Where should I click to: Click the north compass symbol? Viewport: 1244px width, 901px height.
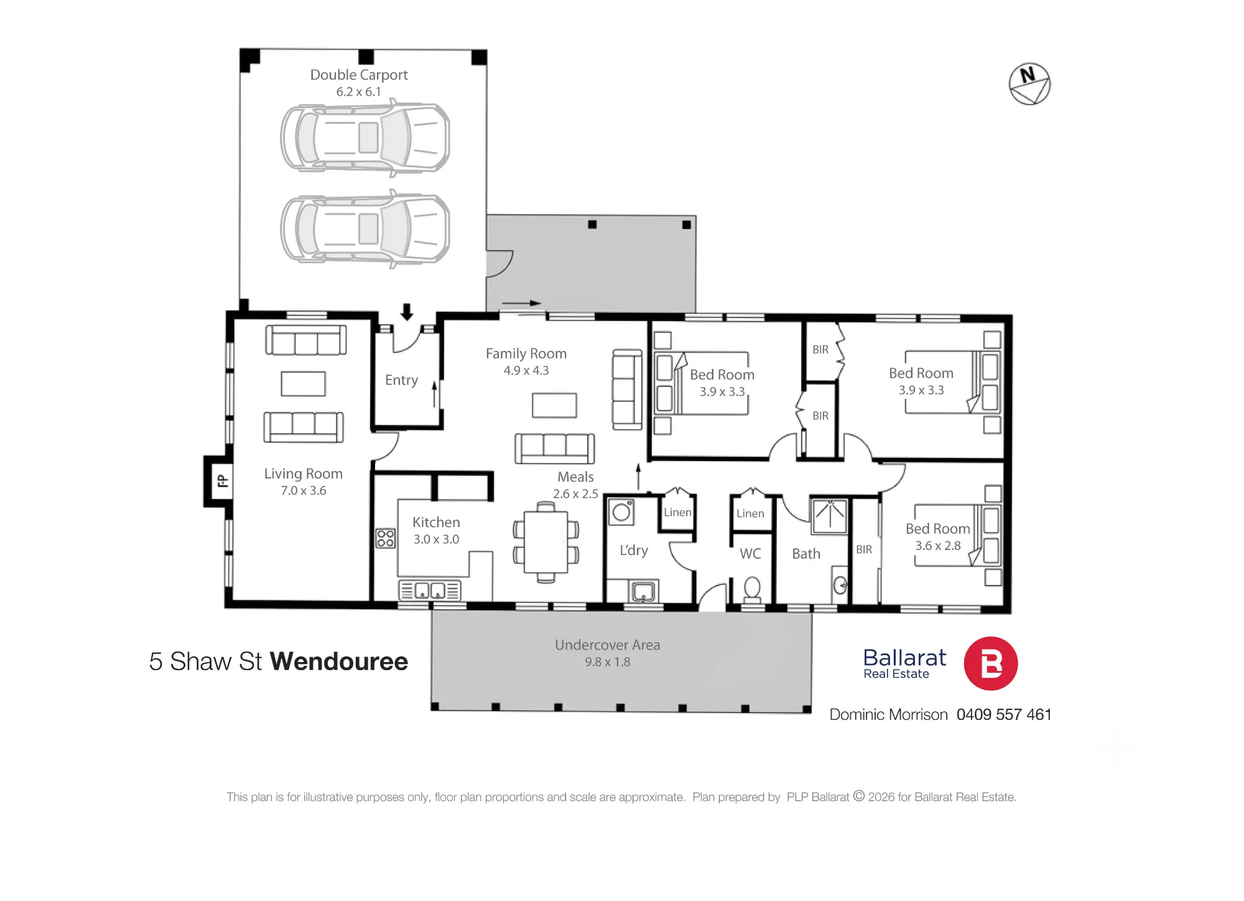1029,84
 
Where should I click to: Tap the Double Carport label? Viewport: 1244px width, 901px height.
359,75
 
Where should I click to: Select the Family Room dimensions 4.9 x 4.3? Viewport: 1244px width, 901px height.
526,370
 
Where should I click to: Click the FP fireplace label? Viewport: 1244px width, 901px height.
222,481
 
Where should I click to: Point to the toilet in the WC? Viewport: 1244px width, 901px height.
752,589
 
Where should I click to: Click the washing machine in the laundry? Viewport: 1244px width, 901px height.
621,511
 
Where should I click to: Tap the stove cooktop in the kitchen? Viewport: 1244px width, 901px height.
386,538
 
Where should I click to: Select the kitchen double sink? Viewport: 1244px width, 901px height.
430,590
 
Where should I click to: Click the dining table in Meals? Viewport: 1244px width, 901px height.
545,542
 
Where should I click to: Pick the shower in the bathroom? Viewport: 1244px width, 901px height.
830,516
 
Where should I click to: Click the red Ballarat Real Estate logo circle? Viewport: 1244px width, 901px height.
991,663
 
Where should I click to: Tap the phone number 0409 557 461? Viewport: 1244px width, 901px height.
1004,714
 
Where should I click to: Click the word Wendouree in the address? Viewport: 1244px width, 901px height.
339,661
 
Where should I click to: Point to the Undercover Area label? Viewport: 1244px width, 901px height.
608,645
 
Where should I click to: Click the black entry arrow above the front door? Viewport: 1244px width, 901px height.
407,312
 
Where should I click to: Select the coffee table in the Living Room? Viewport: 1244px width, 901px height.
304,384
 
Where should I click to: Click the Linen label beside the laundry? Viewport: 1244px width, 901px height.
677,512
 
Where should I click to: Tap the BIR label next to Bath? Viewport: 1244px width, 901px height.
864,549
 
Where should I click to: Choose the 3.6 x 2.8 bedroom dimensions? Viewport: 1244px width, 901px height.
938,546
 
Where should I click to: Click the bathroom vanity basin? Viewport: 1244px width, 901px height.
840,585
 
